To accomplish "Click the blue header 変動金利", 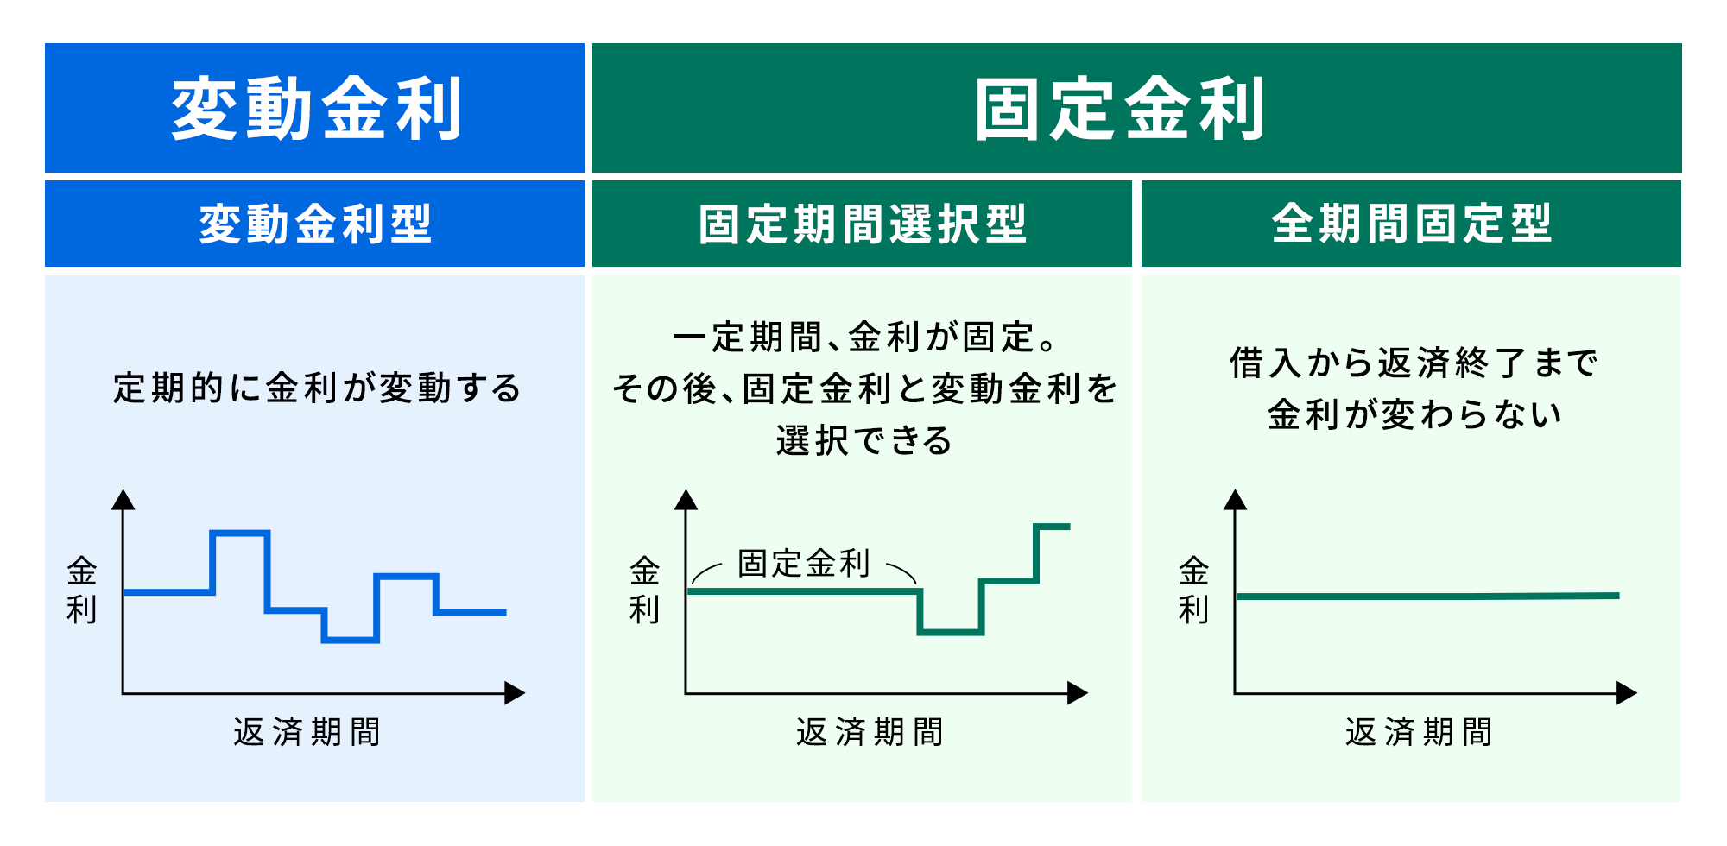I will [315, 109].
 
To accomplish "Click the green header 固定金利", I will [1119, 109].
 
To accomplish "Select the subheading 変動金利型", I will [315, 224].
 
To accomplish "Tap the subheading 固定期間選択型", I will [862, 224].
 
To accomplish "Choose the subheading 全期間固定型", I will [1411, 224].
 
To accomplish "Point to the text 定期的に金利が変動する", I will [317, 388].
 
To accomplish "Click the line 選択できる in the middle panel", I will [863, 441].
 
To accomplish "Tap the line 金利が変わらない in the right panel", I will [1414, 415].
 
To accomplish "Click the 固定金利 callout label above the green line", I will [803, 564].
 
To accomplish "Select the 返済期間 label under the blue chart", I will [307, 732].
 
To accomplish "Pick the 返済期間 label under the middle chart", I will [870, 732].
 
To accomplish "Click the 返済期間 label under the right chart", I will [1419, 732].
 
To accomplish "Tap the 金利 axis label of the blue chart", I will [82, 590].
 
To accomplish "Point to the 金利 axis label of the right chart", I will [1193, 590].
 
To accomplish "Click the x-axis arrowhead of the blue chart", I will [516, 692].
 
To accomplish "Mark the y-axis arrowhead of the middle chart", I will [686, 500].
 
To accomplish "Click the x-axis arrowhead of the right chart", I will [1627, 692].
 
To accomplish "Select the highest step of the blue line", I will [240, 533].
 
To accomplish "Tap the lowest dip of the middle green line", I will [950, 633].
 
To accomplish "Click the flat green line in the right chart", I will [1425, 596].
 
